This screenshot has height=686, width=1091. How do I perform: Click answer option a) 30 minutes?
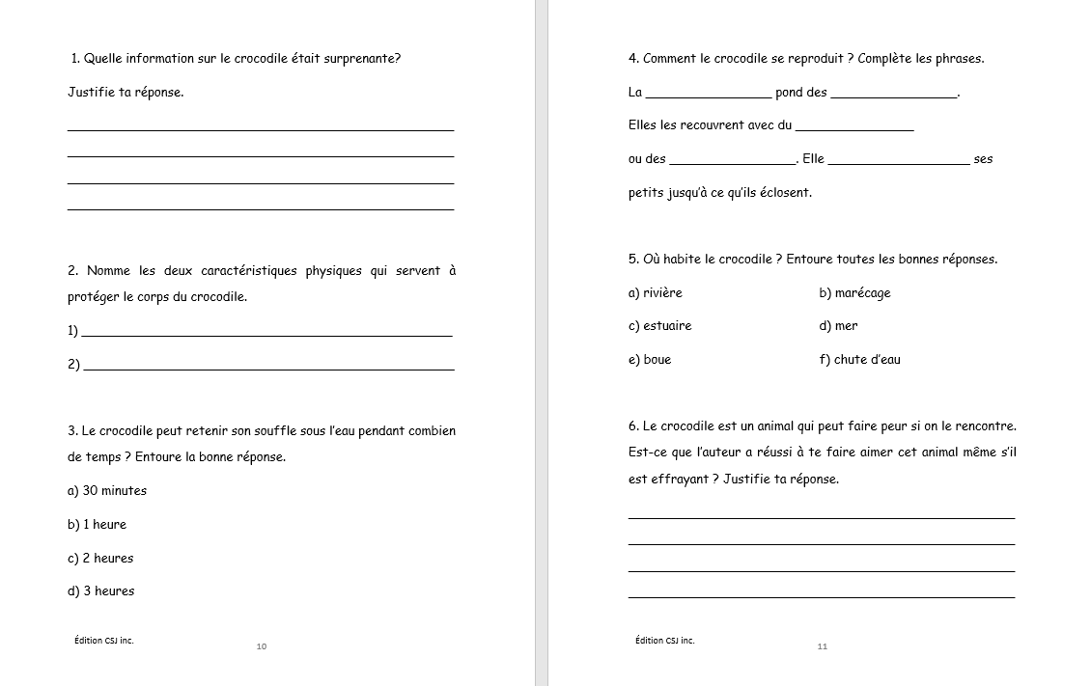point(107,490)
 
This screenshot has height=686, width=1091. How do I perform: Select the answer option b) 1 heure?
point(97,524)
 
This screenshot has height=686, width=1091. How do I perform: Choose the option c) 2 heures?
point(100,558)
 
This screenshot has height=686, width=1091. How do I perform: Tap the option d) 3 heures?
point(100,590)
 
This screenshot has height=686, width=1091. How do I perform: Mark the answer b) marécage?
point(854,292)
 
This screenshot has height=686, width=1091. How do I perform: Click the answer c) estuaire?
point(659,325)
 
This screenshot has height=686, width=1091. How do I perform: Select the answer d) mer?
point(838,325)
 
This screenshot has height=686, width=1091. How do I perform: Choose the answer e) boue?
point(649,359)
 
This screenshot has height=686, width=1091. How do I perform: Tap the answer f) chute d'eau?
point(859,359)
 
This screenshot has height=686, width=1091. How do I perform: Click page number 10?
point(262,646)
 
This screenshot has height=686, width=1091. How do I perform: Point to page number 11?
point(823,646)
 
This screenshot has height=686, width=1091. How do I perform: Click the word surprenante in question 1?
point(360,58)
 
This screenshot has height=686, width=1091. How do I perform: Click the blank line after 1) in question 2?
point(267,334)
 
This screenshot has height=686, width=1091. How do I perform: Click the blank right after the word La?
point(708,96)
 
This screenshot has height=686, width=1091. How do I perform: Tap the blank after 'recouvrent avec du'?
point(854,128)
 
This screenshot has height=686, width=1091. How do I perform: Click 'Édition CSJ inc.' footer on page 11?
point(664,640)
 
